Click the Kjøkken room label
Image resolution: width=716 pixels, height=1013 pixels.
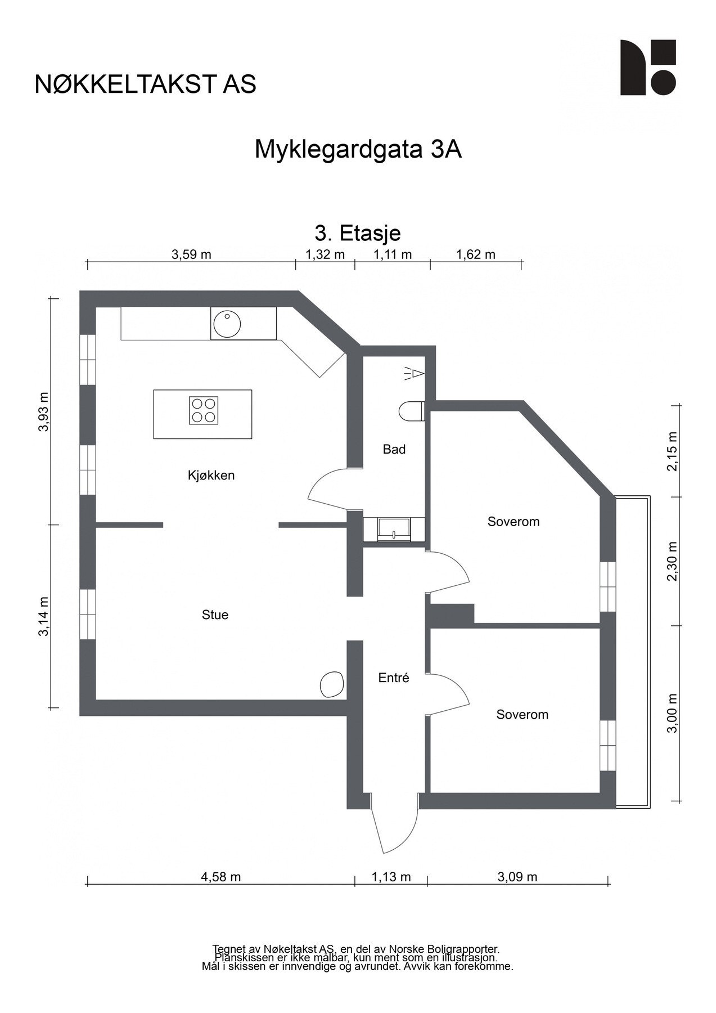(211, 476)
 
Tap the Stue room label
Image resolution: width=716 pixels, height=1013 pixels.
(215, 615)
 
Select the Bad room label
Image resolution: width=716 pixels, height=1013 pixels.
(394, 449)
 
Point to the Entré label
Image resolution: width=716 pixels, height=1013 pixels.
(394, 678)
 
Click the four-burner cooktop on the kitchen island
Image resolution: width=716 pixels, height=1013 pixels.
(203, 410)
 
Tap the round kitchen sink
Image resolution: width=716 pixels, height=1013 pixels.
(227, 323)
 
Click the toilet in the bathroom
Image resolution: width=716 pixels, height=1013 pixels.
(412, 411)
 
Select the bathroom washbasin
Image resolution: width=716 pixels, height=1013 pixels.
(394, 530)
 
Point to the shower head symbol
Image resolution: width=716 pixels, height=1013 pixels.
(414, 373)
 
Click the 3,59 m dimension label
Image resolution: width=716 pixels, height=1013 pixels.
(191, 254)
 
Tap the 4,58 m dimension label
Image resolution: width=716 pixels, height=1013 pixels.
(220, 877)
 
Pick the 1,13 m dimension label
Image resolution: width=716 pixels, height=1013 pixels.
(391, 877)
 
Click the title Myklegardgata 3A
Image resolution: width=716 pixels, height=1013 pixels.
(358, 150)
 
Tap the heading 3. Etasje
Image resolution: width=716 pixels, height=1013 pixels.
(358, 232)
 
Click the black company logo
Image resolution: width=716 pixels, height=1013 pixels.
(648, 68)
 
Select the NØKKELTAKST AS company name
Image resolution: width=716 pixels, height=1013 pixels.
(145, 84)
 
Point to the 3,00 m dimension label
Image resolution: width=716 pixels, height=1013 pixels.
(673, 712)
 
